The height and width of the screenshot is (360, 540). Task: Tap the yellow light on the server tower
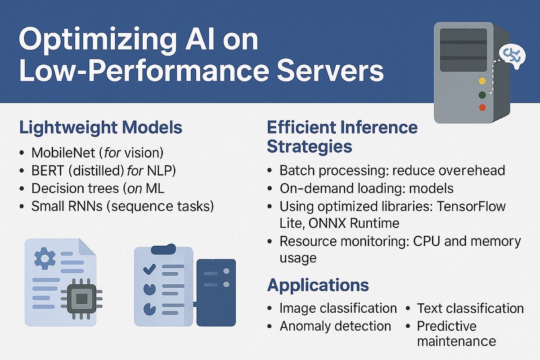click(x=482, y=81)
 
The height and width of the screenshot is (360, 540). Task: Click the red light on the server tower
click(x=482, y=108)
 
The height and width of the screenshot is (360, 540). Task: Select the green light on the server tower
click(x=482, y=95)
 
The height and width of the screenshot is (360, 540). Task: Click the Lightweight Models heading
click(x=100, y=127)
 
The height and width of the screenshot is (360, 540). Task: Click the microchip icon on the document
click(x=81, y=298)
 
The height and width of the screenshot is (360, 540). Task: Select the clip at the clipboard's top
click(x=164, y=249)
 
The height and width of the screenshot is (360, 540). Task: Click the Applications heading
click(x=318, y=285)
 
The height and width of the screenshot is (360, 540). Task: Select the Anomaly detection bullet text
click(x=335, y=326)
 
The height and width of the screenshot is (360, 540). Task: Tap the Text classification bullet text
click(x=470, y=308)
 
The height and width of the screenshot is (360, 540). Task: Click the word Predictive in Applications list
click(x=446, y=326)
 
